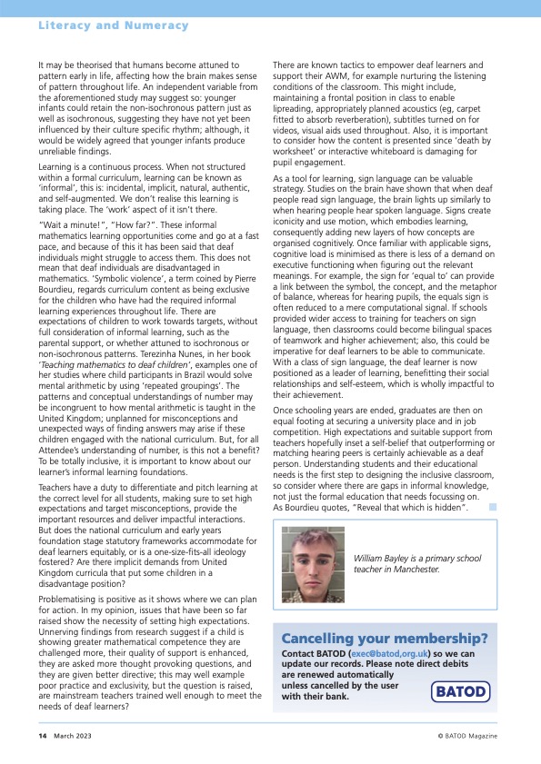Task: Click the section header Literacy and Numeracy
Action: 113,25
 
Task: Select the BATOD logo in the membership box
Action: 458,691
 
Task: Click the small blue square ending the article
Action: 492,506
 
